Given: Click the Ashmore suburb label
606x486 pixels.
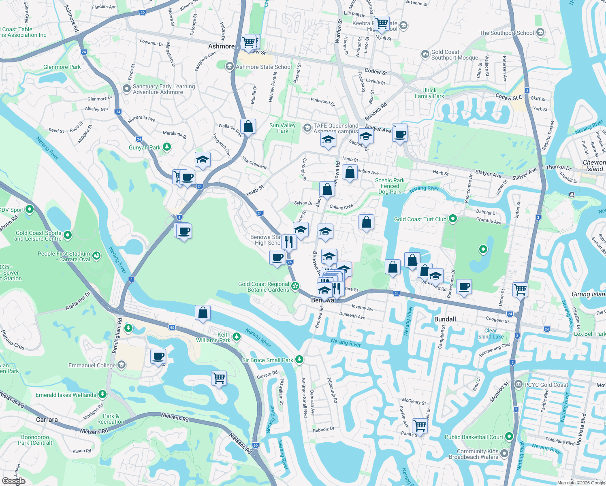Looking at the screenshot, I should point(221,46).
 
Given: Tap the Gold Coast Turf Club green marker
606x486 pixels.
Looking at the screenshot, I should point(453,219).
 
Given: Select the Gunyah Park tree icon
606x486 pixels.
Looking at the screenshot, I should point(167,147).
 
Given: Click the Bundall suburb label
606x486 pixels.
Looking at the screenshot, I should point(445,319).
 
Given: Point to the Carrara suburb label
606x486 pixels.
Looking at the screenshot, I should point(47,420).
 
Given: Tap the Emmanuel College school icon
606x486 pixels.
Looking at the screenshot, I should point(121,365).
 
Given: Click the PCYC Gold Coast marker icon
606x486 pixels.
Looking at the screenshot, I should point(518,384).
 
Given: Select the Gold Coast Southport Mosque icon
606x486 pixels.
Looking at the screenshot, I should point(425,54).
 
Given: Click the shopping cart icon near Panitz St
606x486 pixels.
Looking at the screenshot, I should point(420,426).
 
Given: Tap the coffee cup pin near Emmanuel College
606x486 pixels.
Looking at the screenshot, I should point(158,356).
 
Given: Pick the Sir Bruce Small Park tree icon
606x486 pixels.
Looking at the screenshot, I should point(299,360).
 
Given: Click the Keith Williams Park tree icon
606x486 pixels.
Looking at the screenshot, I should point(237,337).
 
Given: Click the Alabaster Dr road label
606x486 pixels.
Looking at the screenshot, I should point(78,301).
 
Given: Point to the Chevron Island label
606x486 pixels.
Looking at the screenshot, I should point(594,166).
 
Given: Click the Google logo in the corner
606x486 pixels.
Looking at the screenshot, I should point(14,481).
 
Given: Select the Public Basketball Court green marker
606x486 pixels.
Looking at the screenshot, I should point(509,437).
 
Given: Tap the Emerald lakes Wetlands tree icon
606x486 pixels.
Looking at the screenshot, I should point(102,394).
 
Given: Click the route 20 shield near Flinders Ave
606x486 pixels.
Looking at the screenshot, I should point(142,13).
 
